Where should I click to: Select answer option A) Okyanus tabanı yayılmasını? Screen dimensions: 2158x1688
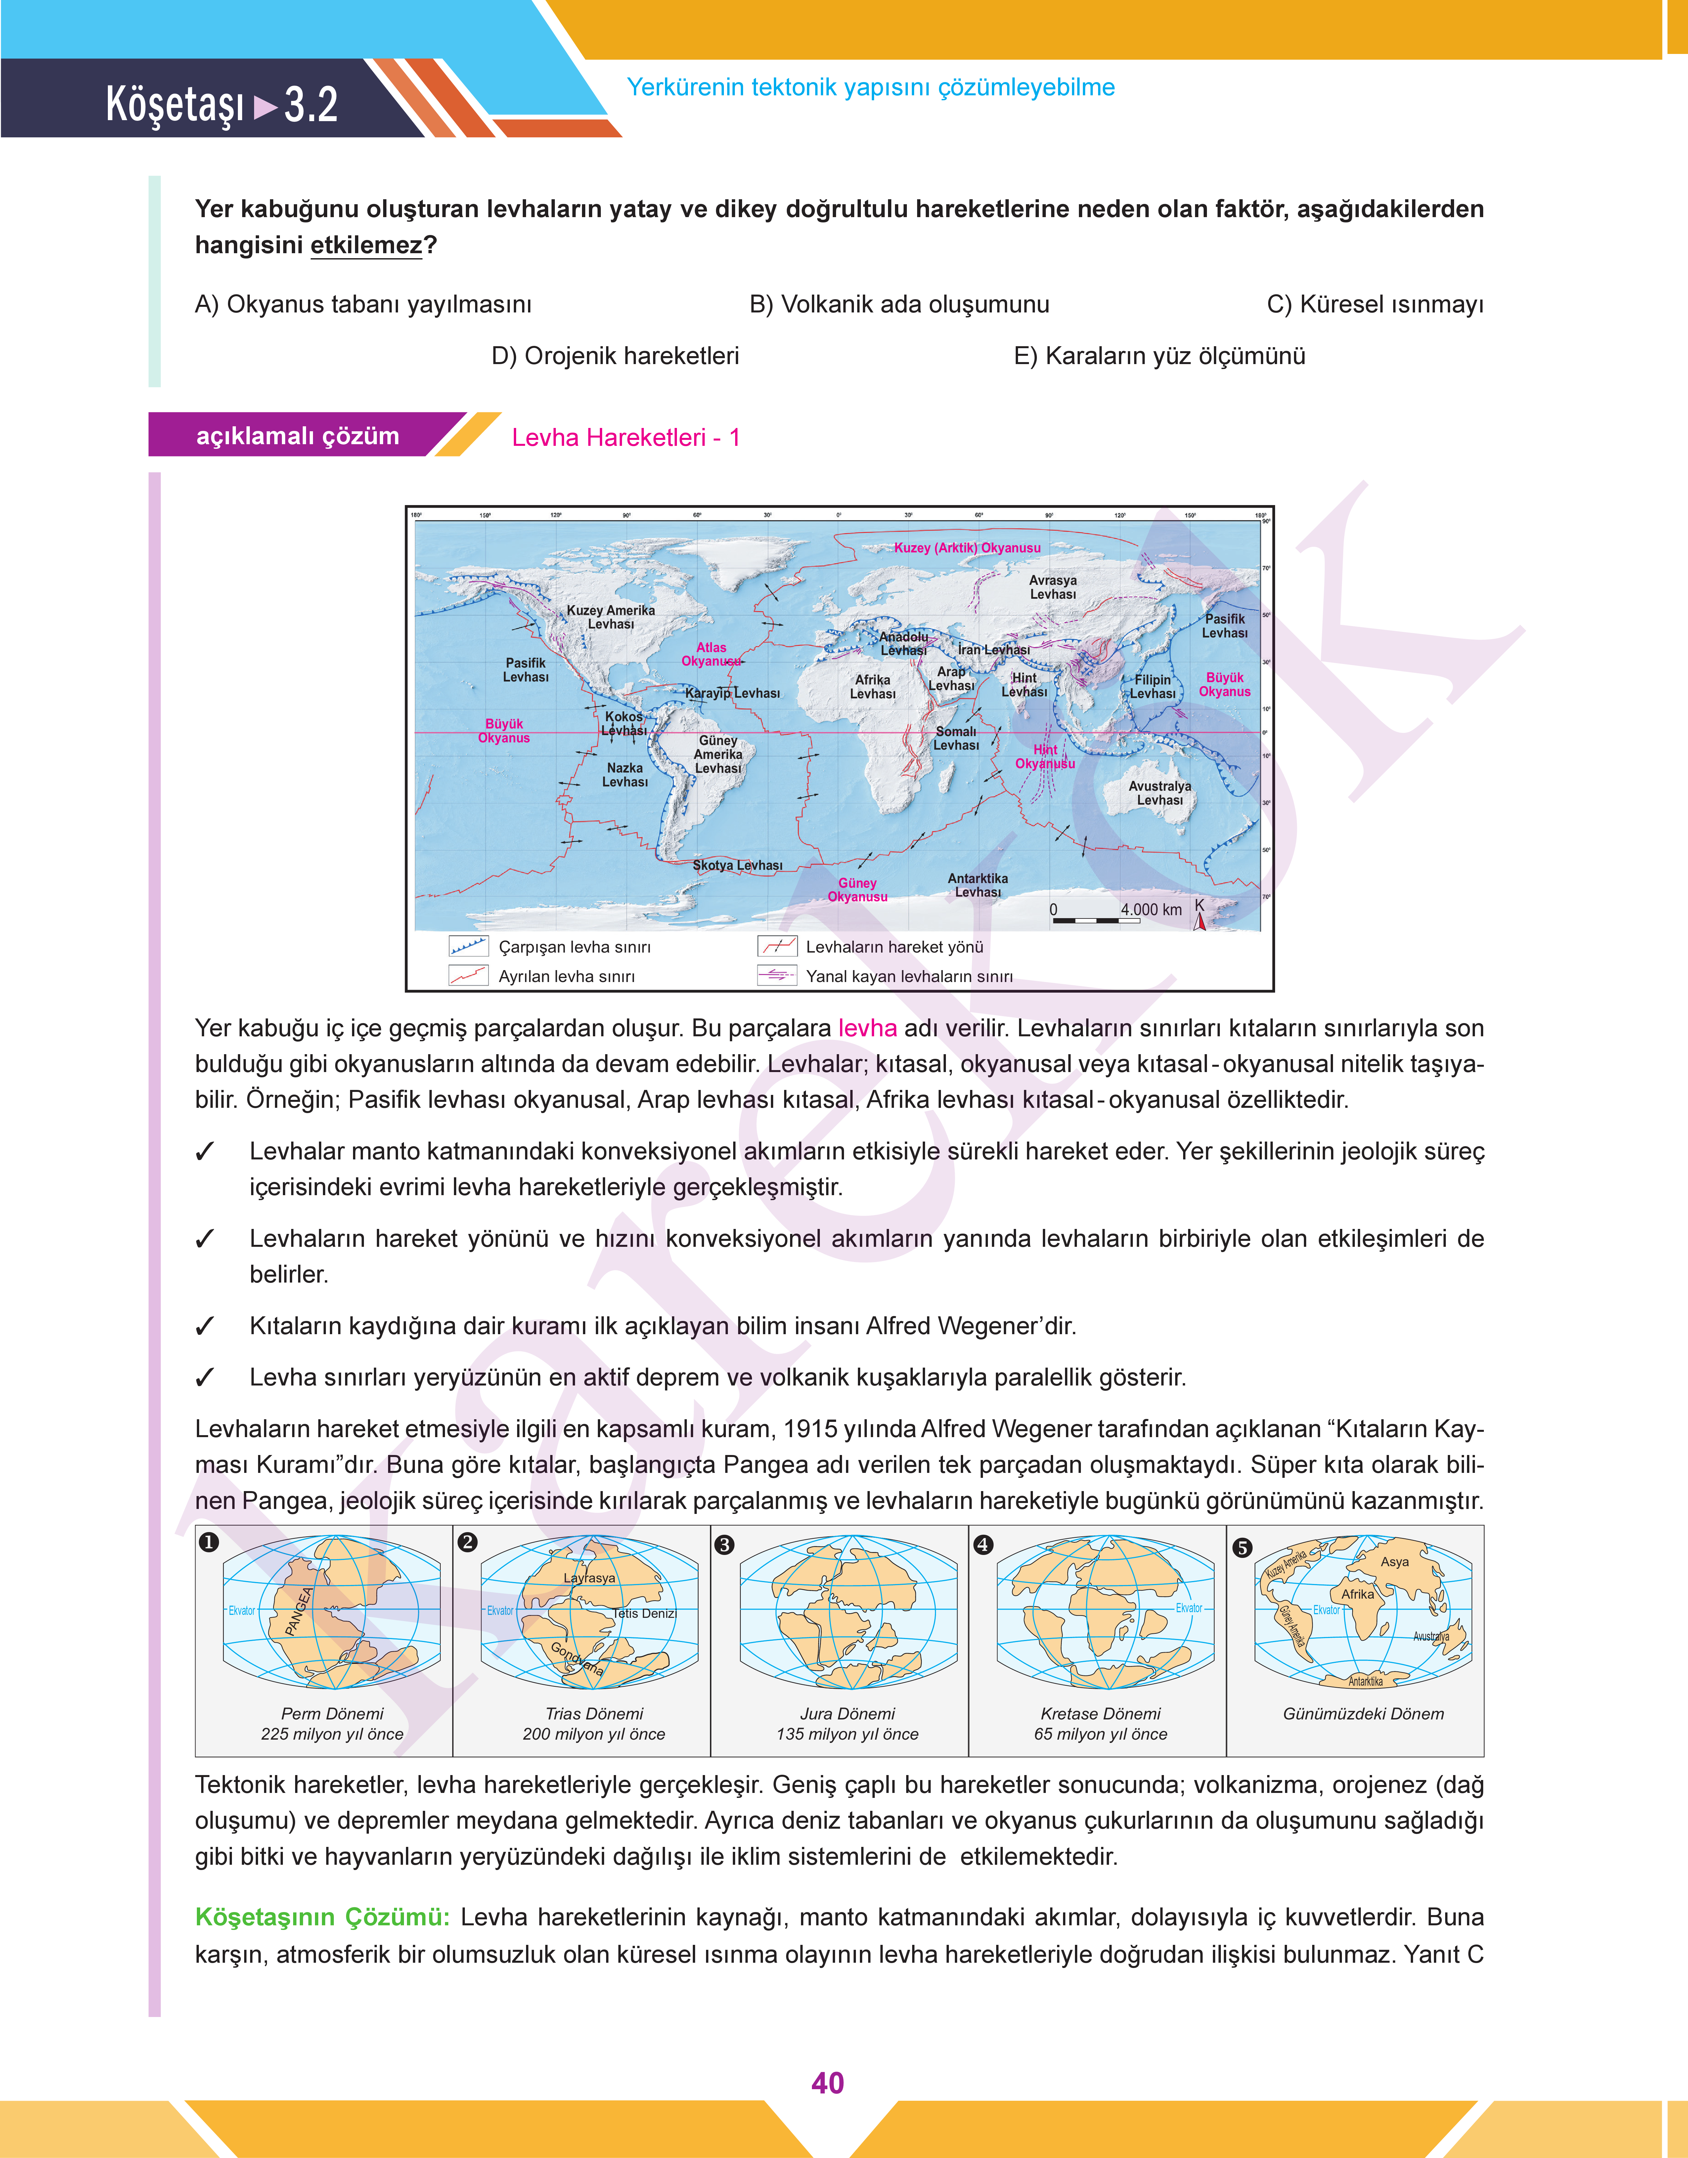363,305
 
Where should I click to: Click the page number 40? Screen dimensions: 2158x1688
827,2083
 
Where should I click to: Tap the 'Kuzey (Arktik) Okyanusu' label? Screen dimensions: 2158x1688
966,548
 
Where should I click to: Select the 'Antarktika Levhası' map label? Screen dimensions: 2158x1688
977,885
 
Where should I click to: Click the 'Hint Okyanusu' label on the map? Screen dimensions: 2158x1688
1044,756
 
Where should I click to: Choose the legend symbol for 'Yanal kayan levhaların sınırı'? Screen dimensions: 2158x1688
777,976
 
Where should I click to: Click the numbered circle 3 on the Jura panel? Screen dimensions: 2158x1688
725,1544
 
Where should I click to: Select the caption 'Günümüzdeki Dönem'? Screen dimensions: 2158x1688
1363,1713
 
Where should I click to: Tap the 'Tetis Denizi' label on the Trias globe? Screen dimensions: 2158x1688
644,1613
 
